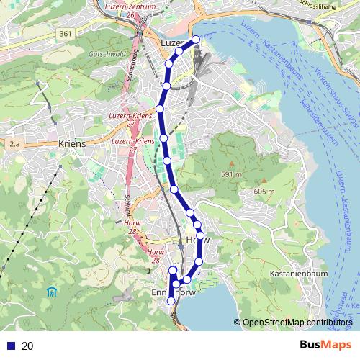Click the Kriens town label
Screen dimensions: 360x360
coord(72,143)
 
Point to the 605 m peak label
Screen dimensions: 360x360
coord(265,191)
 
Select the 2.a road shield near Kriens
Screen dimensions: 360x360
coord(15,145)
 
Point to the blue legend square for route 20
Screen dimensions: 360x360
coord(9,346)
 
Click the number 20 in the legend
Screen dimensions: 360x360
coord(27,346)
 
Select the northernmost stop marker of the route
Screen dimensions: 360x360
coord(197,40)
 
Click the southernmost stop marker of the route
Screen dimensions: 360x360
coord(171,302)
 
